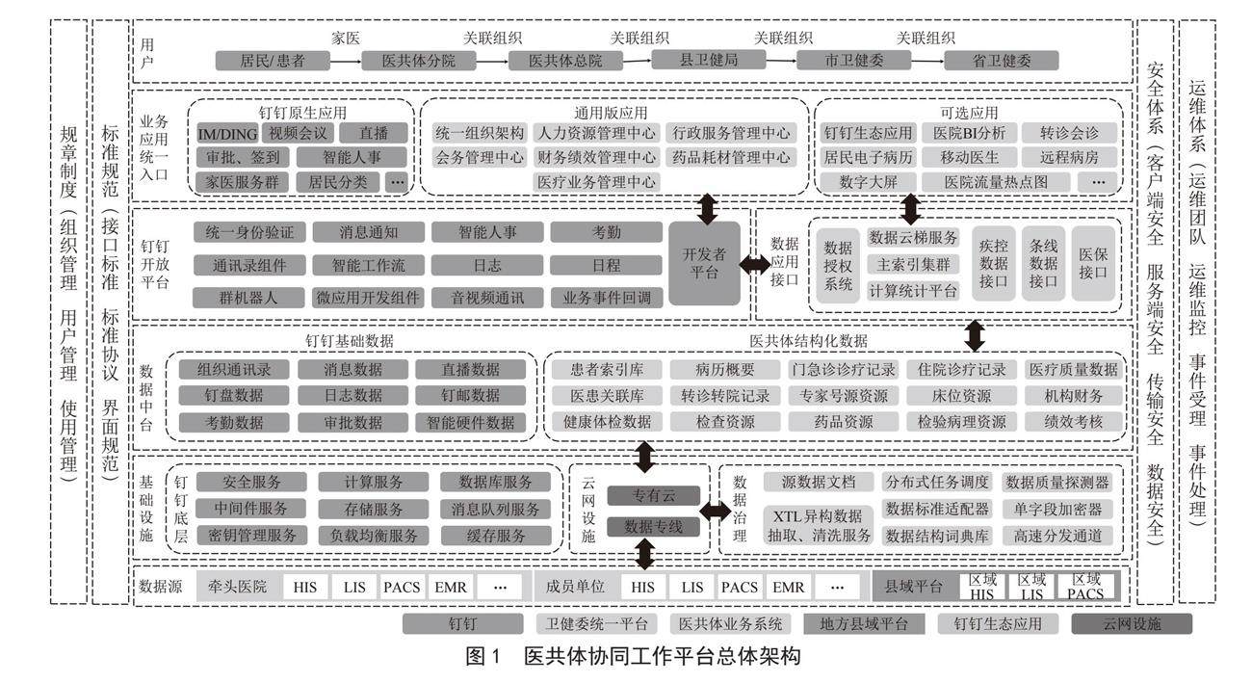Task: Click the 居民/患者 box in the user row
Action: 273,61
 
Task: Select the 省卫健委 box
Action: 1001,61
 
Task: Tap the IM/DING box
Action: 227,133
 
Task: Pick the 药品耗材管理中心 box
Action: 733,156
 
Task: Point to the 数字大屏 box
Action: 868,180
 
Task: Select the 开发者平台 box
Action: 704,264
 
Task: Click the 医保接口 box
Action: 1093,264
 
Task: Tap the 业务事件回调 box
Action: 607,298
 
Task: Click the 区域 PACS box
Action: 1085,587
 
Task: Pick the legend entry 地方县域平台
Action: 863,623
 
